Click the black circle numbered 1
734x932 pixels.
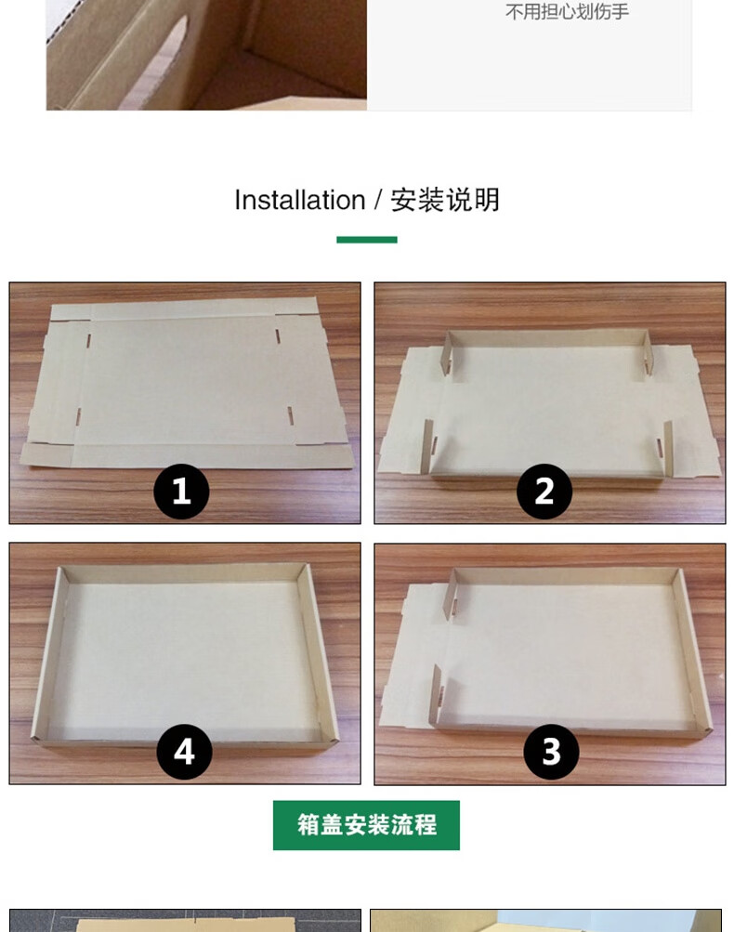tap(181, 491)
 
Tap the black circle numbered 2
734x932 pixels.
tap(544, 491)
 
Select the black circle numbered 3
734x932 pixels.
tap(551, 752)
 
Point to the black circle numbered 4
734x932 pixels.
tap(184, 752)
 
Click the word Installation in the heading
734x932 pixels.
tap(299, 201)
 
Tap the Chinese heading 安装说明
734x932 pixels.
tap(445, 201)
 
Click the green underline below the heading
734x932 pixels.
tap(367, 240)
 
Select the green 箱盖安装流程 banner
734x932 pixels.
tap(366, 825)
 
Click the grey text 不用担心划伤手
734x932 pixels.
tap(567, 11)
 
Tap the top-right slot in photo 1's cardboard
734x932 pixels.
tap(278, 335)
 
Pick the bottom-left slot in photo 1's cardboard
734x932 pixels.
tap(78, 417)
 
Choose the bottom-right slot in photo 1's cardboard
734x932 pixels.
tap(290, 416)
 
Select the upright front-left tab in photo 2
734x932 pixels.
tap(427, 446)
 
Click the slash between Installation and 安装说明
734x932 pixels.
tap(378, 201)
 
